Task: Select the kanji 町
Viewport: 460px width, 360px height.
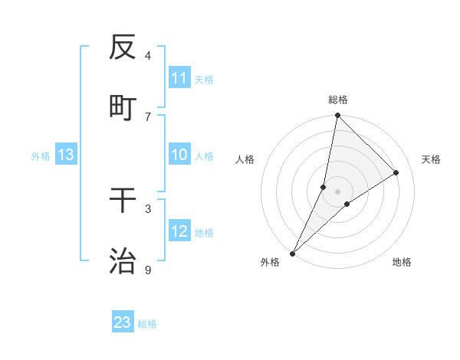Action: pos(123,107)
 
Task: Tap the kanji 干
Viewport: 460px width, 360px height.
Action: pos(123,200)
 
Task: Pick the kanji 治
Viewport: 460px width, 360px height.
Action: pos(123,261)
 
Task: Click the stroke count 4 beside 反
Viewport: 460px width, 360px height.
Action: pos(148,55)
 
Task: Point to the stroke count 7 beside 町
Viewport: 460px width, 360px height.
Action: pos(148,116)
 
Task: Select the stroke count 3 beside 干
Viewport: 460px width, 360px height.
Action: pos(148,208)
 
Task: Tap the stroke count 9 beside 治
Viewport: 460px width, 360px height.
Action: pos(148,270)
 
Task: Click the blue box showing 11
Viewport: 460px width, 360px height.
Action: pos(179,78)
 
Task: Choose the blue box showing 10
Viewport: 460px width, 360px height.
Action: pos(179,155)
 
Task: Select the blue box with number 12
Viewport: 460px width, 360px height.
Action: pos(179,231)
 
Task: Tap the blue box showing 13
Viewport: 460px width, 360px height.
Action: pos(65,155)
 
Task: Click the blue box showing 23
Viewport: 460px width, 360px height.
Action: pos(123,322)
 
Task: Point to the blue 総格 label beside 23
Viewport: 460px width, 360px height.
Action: pos(148,324)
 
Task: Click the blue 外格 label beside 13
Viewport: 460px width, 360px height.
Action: pos(41,156)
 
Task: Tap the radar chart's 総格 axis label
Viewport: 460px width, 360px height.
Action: pos(338,100)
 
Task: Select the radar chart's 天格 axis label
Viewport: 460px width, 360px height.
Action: pos(432,159)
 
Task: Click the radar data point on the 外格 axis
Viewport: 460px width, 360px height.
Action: pos(292,253)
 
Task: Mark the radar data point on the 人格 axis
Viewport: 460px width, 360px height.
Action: pos(324,186)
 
